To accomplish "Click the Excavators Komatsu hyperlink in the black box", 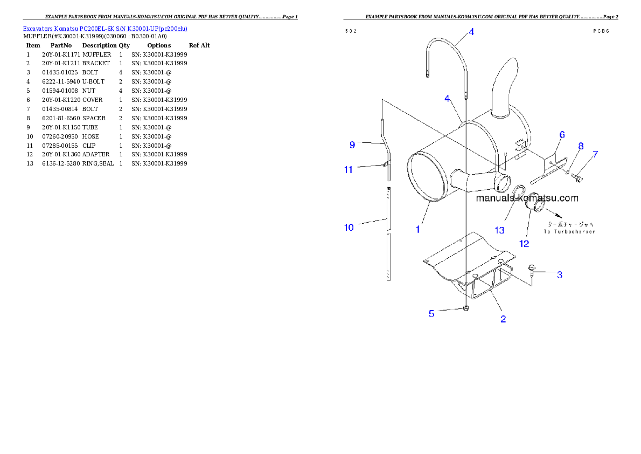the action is coord(105,29).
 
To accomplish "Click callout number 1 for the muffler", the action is coord(417,229).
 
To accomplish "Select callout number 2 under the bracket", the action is coord(503,319).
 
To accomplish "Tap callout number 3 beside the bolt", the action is coord(560,275).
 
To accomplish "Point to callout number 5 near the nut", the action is coord(431,313).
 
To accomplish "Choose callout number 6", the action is coord(561,135).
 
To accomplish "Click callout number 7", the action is coord(595,154).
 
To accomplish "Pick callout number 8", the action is coord(581,146).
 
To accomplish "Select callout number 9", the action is coord(352,145).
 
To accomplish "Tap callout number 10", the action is coord(349,228).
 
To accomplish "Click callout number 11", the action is coord(349,169).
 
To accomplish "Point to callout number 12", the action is coord(524,244).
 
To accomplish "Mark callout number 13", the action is coord(500,230).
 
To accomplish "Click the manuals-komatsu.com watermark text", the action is coord(527,198).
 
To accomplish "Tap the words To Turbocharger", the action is coord(569,232).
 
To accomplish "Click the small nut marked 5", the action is coord(466,308).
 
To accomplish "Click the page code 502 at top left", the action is coord(350,31).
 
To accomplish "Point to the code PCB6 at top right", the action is coord(601,31).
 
